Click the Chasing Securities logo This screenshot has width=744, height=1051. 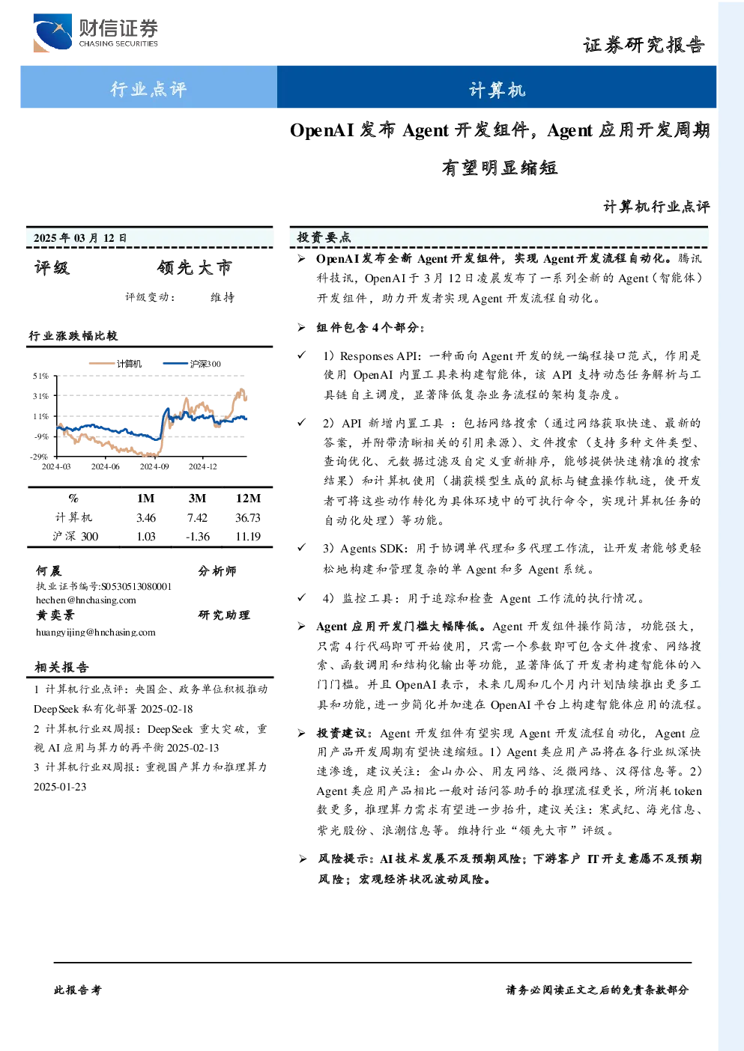click(x=95, y=32)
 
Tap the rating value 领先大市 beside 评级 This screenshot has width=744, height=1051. click(x=195, y=267)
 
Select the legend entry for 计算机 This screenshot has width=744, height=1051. click(x=115, y=364)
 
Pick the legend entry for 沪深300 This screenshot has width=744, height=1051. click(x=192, y=364)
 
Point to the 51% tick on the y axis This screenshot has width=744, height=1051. click(x=41, y=376)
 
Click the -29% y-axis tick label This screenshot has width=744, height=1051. click(x=39, y=457)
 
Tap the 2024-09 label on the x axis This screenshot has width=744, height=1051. click(x=154, y=466)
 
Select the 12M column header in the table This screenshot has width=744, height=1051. click(x=248, y=498)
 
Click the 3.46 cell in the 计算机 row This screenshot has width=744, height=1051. click(x=145, y=517)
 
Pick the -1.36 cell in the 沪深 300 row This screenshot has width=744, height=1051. click(x=197, y=536)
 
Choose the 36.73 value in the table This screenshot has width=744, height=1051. click(x=247, y=517)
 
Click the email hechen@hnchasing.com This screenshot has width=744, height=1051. click(x=86, y=600)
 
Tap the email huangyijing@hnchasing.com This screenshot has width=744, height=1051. click(x=95, y=633)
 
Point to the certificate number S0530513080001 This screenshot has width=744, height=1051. click(x=136, y=586)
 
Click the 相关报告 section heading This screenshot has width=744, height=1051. click(x=61, y=667)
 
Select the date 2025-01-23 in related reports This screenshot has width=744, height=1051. click(x=60, y=787)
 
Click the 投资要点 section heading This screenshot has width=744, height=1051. click(x=324, y=237)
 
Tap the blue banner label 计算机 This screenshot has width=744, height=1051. click(x=497, y=89)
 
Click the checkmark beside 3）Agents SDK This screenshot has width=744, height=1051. click(x=301, y=547)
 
